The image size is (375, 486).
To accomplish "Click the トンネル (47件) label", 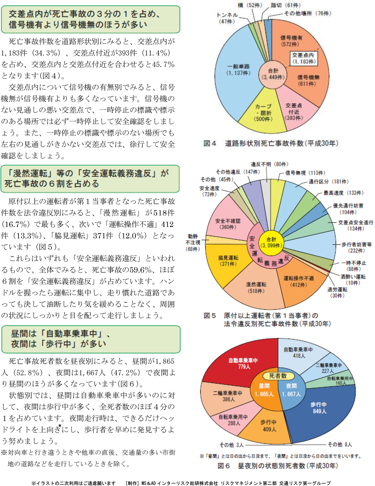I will tap(227, 18).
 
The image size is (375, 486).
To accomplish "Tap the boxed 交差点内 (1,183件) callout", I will tap(303, 58).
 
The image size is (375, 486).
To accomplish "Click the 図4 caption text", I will tap(271, 143).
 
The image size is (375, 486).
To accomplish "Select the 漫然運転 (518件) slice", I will tap(256, 288).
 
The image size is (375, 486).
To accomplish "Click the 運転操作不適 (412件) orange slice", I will tap(298, 282).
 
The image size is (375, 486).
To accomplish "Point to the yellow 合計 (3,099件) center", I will tap(271, 242).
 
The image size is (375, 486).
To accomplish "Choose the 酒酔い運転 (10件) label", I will tap(353, 280).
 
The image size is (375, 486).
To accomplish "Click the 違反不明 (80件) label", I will tap(269, 164).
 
